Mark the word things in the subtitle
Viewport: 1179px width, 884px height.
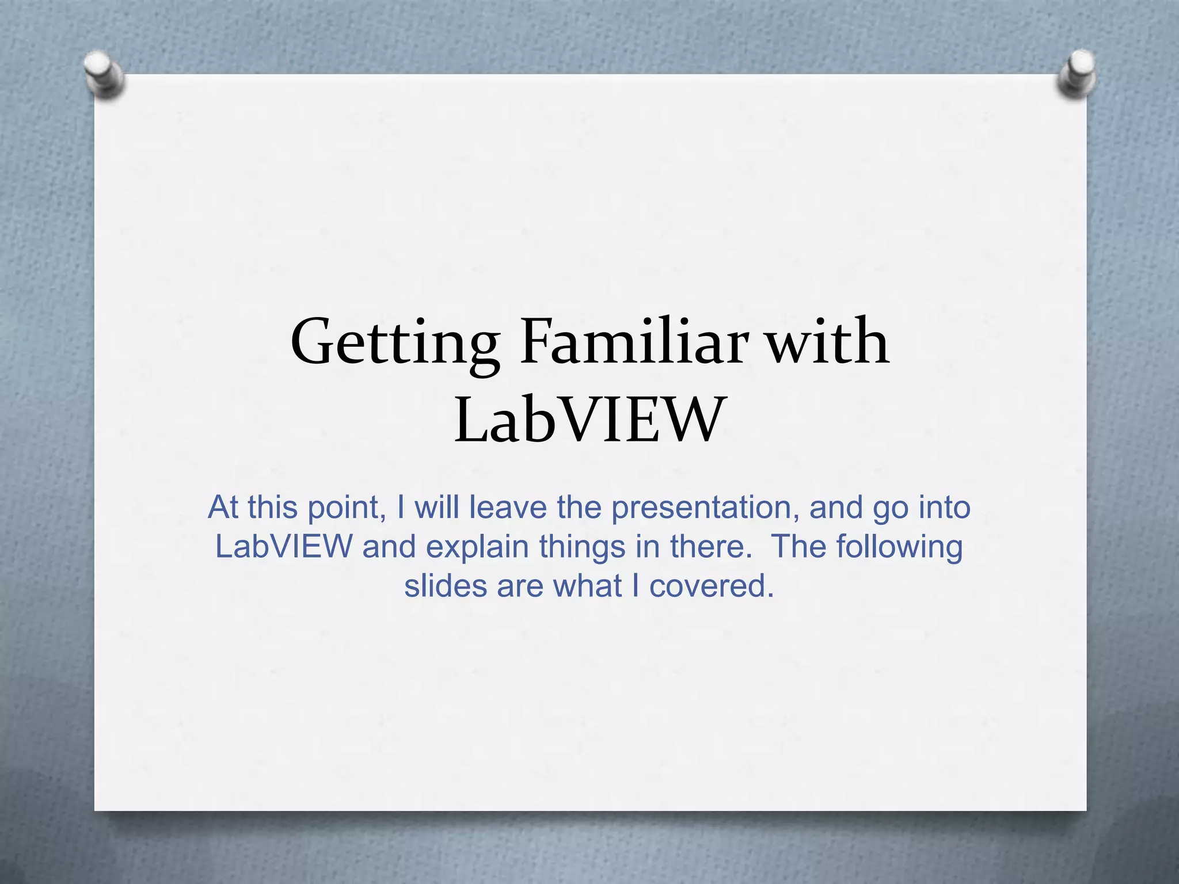[582, 547]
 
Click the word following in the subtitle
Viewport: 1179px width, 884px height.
[899, 547]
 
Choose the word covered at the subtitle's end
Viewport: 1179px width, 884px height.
[711, 586]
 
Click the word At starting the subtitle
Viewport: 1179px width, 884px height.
[223, 508]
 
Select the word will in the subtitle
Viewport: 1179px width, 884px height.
[437, 508]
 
